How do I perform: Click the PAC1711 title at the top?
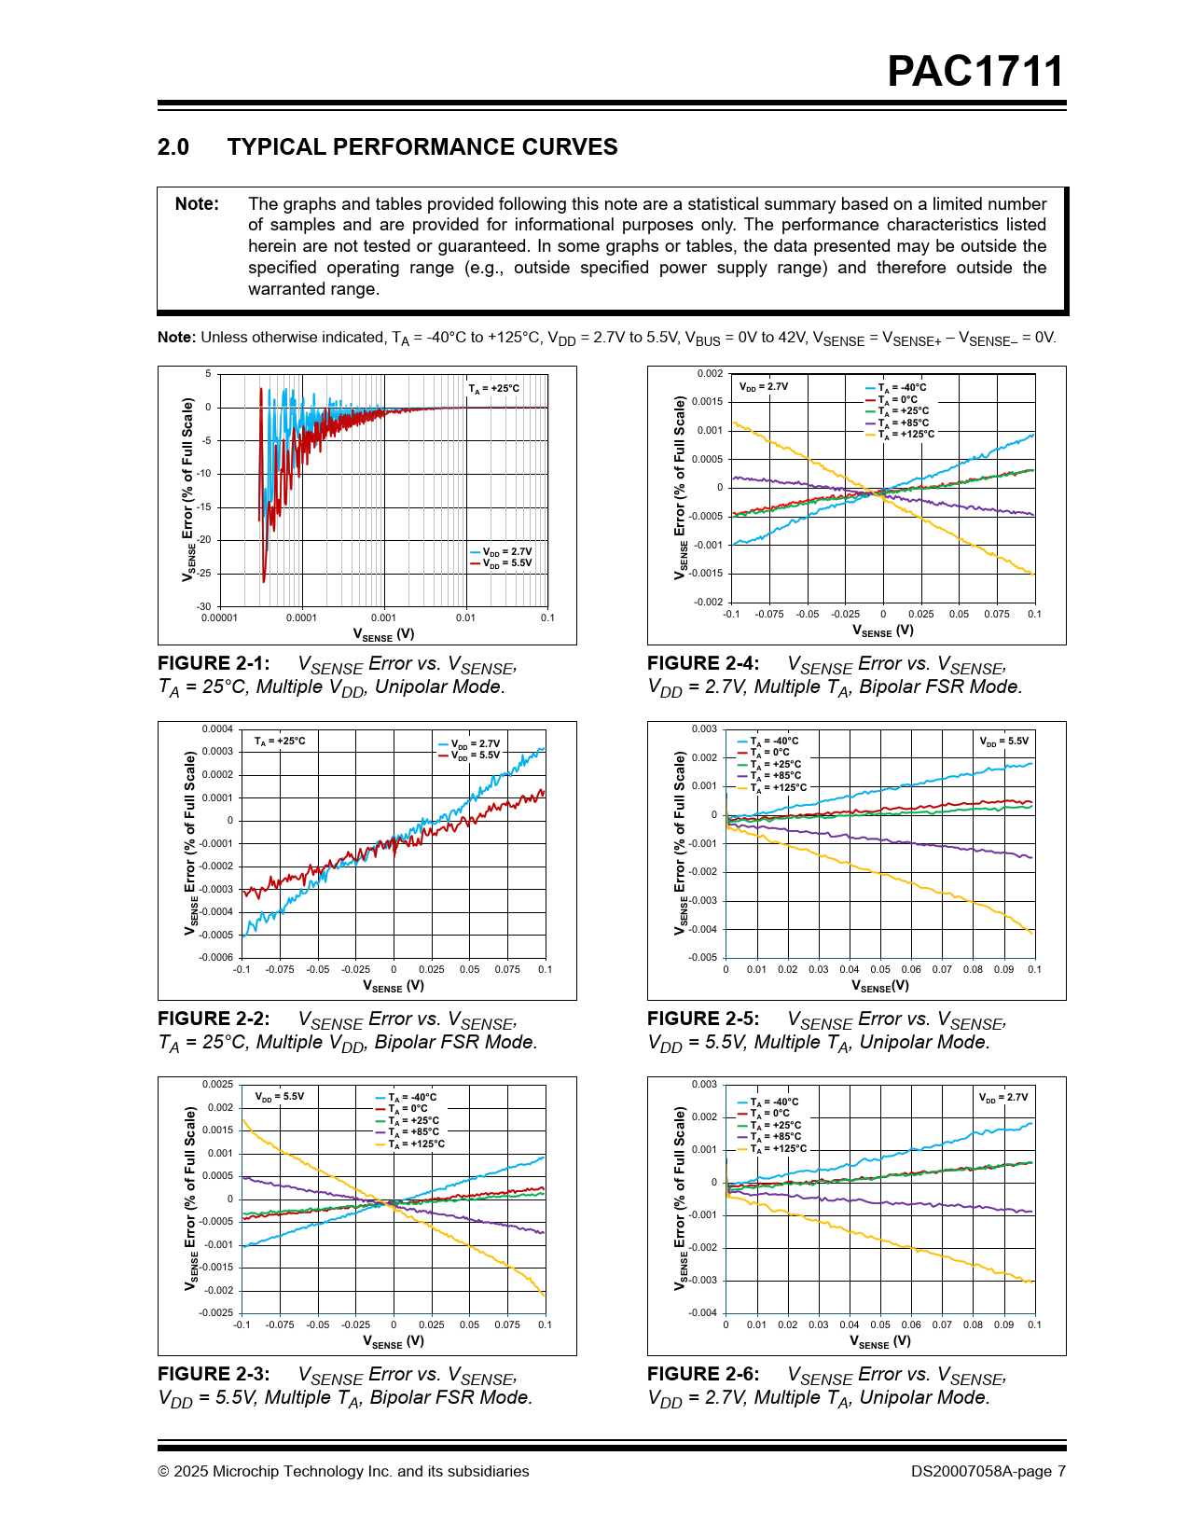[x=975, y=72]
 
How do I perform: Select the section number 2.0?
[x=173, y=147]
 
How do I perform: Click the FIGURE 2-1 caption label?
[x=214, y=663]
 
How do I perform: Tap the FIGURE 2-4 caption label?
[x=703, y=663]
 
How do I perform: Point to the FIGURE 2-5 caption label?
[x=703, y=1019]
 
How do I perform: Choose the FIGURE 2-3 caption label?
[x=214, y=1374]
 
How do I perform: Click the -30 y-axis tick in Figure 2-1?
[x=204, y=606]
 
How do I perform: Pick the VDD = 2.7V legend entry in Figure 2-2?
[x=475, y=744]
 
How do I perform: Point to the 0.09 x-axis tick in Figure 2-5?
[x=1003, y=969]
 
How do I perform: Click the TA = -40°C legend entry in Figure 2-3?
[x=411, y=1098]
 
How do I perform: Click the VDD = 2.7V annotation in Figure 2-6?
[x=1003, y=1098]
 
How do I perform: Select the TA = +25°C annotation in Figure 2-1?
[x=494, y=389]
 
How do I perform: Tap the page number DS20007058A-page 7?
[x=988, y=1471]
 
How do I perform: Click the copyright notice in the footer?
[x=343, y=1471]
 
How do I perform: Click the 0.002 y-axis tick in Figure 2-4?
[x=710, y=374]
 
